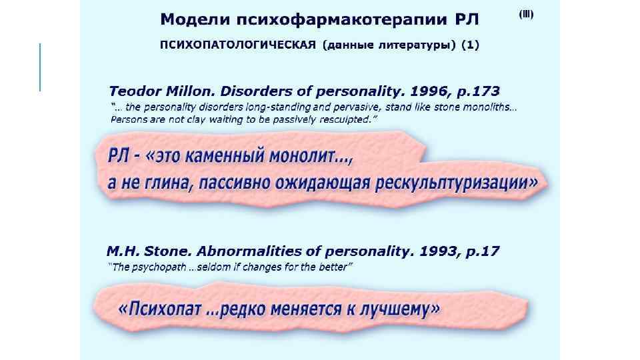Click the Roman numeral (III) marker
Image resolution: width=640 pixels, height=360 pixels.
pos(526,15)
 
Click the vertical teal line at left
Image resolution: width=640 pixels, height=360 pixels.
pos(40,67)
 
